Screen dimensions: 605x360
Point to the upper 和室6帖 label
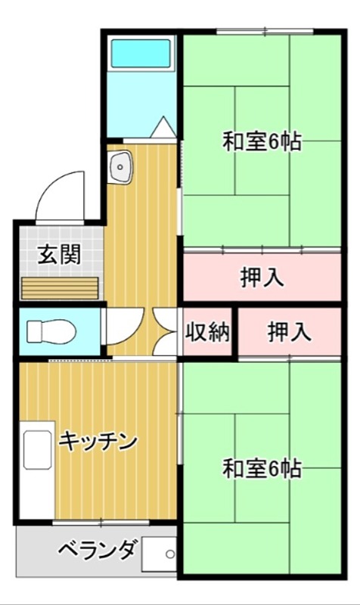262,141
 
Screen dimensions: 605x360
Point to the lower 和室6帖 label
262,469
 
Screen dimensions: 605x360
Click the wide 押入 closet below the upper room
262,278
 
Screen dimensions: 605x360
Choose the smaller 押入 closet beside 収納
289,333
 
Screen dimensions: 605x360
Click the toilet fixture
50,330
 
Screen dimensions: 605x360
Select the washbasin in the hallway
120,167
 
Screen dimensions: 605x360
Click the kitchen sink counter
35,468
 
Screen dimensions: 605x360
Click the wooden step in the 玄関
61,289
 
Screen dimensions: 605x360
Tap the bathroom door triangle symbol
162,128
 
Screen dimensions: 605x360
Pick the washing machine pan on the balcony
158,557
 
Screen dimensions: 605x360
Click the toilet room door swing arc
119,325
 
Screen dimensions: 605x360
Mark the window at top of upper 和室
264,31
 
